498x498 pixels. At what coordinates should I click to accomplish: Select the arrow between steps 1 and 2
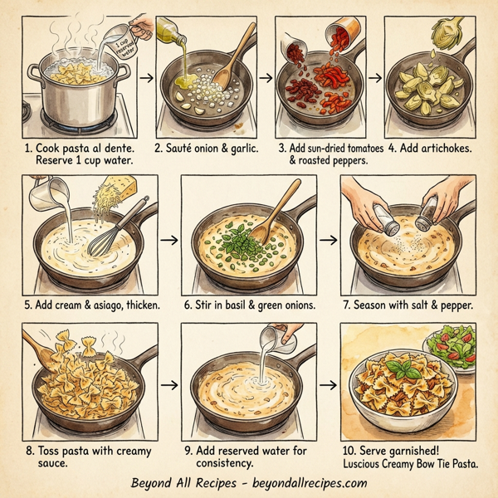146,80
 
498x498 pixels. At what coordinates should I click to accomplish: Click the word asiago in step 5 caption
103,303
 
